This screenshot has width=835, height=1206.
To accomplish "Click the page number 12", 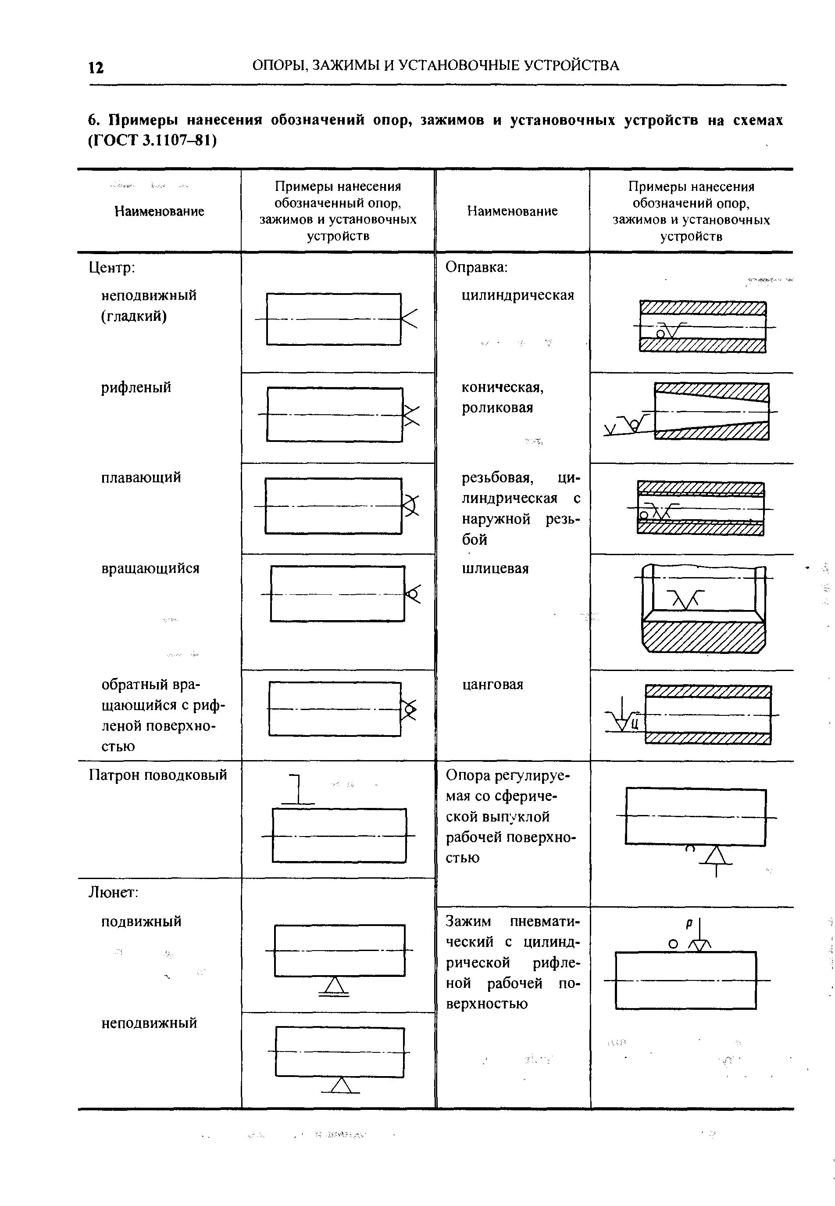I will tap(96, 68).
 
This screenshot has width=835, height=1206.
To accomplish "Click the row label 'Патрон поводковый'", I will tap(158, 775).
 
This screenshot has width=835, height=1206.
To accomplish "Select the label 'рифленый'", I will tap(136, 388).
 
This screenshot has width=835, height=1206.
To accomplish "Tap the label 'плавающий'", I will tap(141, 477).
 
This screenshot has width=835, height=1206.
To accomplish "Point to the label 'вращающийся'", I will tap(150, 568).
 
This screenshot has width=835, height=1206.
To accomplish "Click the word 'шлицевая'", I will tap(495, 568).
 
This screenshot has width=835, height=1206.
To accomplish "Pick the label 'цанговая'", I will tap(492, 685).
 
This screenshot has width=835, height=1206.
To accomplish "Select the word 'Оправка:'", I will tap(477, 267).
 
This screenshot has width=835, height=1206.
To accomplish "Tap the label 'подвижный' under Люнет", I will tap(141, 921).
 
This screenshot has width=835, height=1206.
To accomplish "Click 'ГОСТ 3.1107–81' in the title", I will tap(152, 141).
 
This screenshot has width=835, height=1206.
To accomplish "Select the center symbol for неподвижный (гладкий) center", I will tap(409, 318).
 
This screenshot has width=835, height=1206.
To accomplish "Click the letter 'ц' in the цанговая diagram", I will tap(635, 725).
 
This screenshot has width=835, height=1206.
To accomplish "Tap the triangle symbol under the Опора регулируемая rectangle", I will tap(716, 856).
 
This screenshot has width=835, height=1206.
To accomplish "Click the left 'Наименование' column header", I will tap(159, 212).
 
